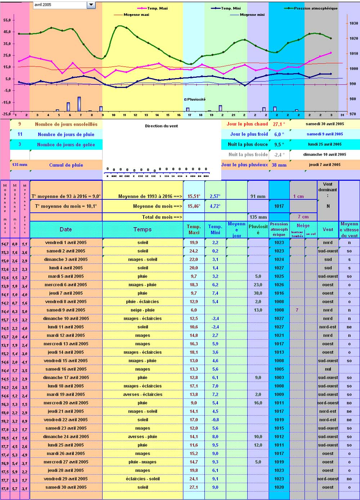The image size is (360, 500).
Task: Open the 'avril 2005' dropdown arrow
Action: coord(91,5)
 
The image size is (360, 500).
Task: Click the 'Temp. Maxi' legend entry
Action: coord(157,8)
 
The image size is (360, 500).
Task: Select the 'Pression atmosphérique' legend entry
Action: coord(315,8)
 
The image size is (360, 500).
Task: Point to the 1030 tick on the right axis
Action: coord(354,23)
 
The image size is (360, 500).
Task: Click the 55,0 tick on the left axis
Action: coord(7,20)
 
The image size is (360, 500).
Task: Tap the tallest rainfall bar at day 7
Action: coord(79,104)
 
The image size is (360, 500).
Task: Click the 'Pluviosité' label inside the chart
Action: coord(196,99)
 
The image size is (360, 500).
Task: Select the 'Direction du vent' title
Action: coord(161,126)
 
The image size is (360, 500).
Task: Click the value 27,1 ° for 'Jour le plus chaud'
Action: coord(279,124)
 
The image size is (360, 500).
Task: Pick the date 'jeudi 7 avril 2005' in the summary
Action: coord(324,165)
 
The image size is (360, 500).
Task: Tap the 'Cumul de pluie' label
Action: coord(66,165)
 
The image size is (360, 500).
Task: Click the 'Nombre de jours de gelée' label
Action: coord(66,145)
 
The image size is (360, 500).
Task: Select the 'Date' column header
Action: coord(66,229)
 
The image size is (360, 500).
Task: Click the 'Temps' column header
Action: coord(143,229)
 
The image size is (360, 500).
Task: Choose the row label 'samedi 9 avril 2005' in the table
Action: coord(66,310)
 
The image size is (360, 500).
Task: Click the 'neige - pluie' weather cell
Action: coord(143,310)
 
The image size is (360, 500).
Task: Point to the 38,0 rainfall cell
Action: coord(258,293)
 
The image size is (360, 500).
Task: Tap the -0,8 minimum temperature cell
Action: coord(215,420)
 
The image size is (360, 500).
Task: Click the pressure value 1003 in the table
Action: coord(279,378)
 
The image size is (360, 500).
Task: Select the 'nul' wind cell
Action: coord(328,369)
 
